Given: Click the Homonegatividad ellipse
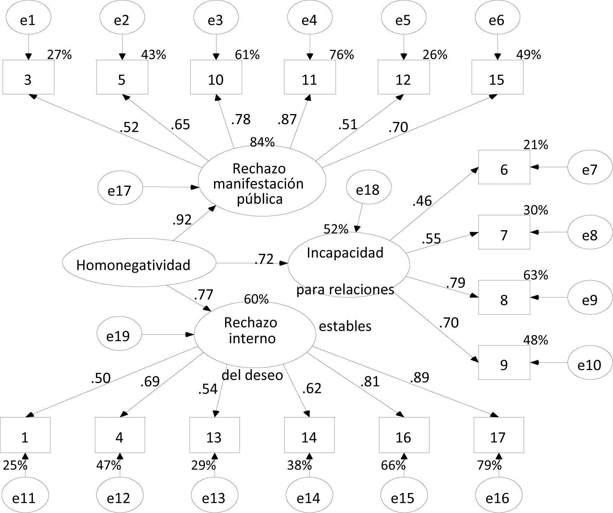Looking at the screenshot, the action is [x=139, y=263].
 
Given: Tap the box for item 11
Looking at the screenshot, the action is [x=310, y=78].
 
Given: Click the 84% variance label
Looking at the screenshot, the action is [x=262, y=142].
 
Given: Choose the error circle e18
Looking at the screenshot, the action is [x=368, y=189].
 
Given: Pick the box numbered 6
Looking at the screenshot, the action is [x=504, y=167].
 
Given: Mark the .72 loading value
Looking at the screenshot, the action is [x=264, y=259].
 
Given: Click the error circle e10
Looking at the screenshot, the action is [x=590, y=364].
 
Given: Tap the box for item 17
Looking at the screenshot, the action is [x=498, y=435].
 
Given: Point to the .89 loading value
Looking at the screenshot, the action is [x=419, y=377].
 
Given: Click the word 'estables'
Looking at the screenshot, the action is [x=345, y=326].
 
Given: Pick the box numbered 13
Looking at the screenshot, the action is [x=214, y=435].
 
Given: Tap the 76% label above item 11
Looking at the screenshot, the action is [x=341, y=55].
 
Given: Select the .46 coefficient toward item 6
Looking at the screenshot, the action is [x=422, y=201].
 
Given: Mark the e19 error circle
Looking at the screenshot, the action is [x=119, y=335].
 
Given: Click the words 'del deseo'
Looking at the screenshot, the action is [x=252, y=375].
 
